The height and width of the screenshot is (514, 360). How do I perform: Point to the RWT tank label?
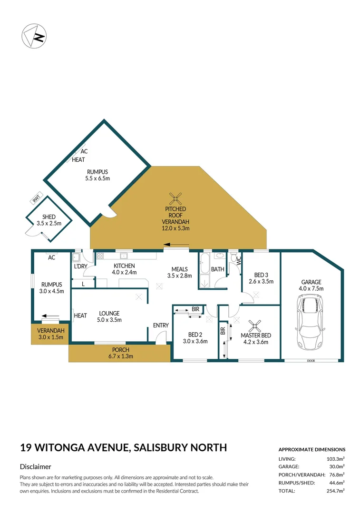tap(36, 199)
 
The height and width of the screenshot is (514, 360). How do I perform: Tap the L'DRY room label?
tap(80, 267)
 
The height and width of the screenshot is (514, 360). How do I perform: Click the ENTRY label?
tap(161, 326)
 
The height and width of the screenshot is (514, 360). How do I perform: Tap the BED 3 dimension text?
tap(262, 281)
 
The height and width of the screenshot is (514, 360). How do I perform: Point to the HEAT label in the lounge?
tap(80, 316)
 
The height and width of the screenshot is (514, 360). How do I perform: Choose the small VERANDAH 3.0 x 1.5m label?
tap(49, 334)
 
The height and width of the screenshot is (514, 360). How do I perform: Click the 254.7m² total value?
tap(335, 490)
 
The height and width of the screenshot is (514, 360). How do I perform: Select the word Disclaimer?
tap(35, 467)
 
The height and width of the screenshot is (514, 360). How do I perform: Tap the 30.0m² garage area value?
tap(336, 466)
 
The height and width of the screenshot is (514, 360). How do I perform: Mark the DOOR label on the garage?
tap(311, 361)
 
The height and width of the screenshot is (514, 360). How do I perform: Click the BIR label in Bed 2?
tap(195, 309)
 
